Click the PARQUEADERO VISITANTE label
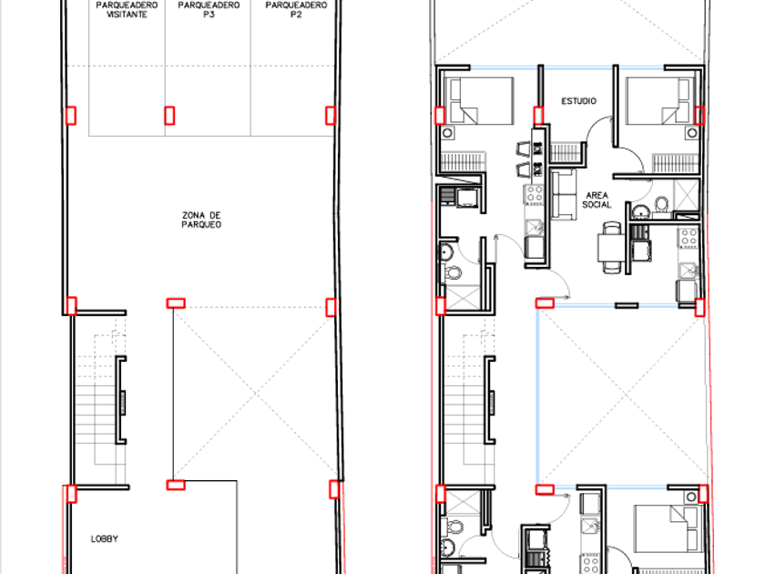click(x=127, y=10)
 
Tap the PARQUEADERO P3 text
click(x=209, y=10)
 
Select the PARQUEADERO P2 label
click(x=296, y=10)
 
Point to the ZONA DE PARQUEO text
click(x=201, y=220)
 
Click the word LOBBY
click(x=105, y=538)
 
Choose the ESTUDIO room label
click(x=578, y=101)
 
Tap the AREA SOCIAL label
click(x=597, y=200)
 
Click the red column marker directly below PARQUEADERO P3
click(x=169, y=116)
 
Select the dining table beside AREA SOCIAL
click(x=611, y=248)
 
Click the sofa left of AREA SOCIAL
click(x=564, y=194)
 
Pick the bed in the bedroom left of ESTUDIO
click(x=482, y=100)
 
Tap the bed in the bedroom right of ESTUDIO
click(x=658, y=100)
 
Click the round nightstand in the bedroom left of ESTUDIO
click(x=448, y=133)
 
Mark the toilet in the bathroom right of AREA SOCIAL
click(x=661, y=205)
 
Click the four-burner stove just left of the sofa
click(x=534, y=194)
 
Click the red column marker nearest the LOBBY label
click(x=72, y=494)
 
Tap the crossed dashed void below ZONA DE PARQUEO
click(x=255, y=393)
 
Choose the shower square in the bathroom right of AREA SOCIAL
click(x=686, y=195)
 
